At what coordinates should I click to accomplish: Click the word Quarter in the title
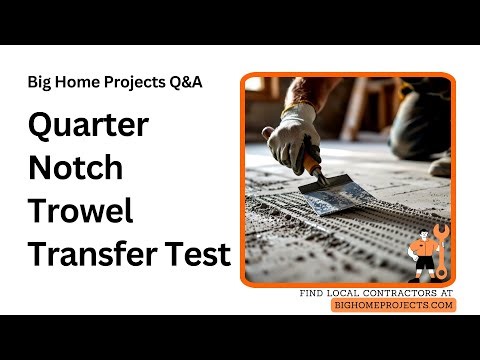click(88, 126)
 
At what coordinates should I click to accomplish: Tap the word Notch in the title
click(76, 167)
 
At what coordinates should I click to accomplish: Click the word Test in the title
click(198, 253)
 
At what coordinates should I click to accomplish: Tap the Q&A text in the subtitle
click(186, 82)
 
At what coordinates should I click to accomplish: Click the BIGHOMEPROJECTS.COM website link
click(393, 305)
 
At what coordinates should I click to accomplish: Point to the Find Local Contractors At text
click(377, 293)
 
